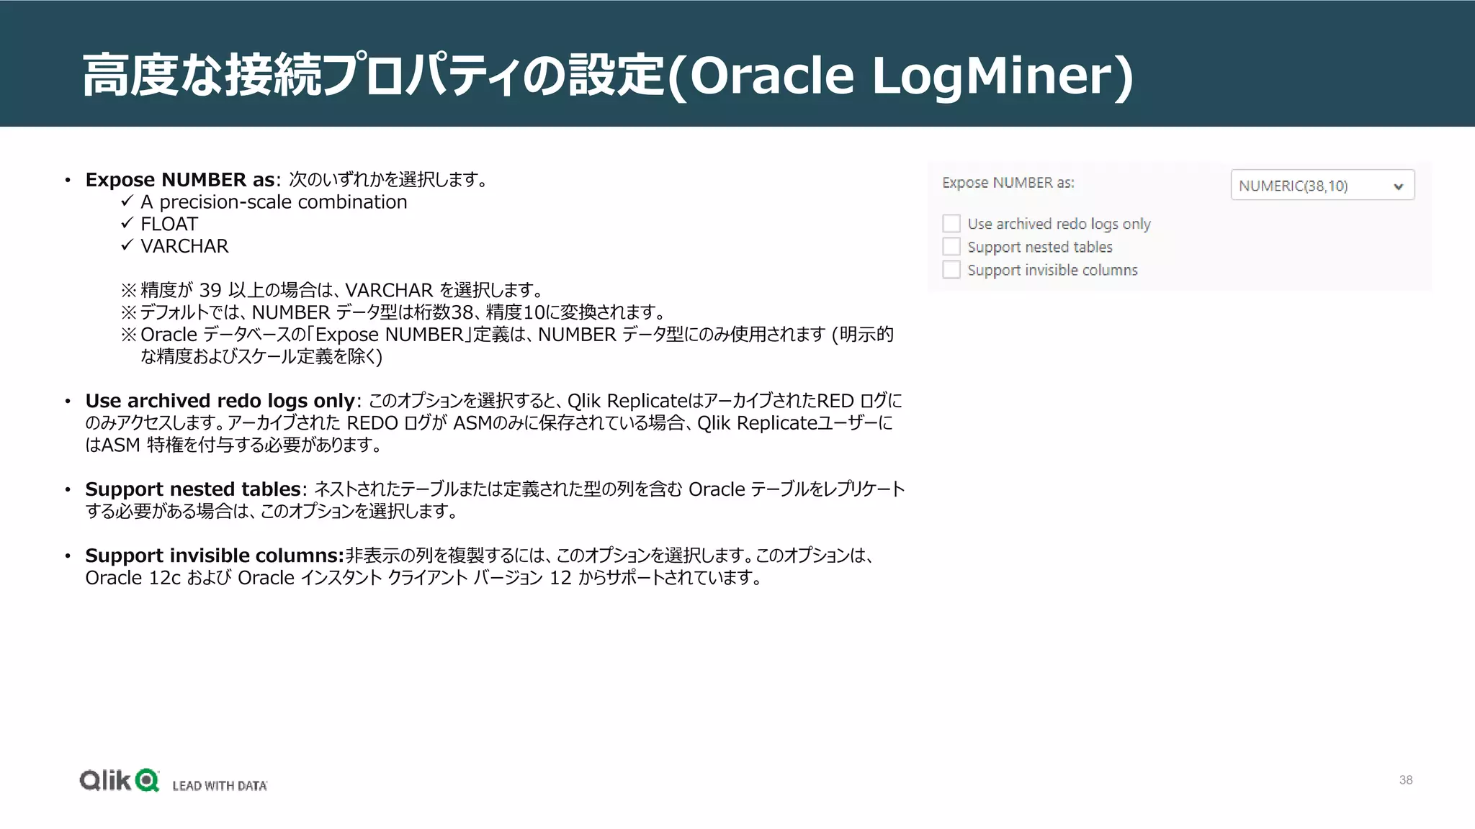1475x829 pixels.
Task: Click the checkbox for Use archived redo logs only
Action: pos(951,223)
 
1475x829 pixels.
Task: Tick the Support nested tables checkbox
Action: pos(951,247)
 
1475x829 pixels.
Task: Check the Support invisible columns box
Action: pos(951,270)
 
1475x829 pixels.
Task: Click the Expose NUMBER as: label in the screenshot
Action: pos(1008,183)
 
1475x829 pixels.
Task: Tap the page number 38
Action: pos(1405,780)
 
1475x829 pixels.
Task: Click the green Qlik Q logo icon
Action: pos(147,780)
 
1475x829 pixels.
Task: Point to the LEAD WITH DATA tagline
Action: pos(220,786)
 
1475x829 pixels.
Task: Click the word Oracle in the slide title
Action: pos(771,76)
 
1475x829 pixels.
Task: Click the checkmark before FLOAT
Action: pos(127,223)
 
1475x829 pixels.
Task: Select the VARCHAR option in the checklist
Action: pos(184,246)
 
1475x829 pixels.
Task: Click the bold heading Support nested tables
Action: pos(192,489)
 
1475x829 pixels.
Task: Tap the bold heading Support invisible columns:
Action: pos(214,556)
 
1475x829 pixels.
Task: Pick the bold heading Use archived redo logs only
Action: pos(220,401)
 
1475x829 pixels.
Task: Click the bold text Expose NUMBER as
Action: pos(179,180)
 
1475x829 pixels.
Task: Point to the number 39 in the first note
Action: pos(210,290)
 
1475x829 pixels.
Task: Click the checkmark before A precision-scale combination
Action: pos(127,201)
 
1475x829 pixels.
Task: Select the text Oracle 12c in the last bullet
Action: pos(133,578)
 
